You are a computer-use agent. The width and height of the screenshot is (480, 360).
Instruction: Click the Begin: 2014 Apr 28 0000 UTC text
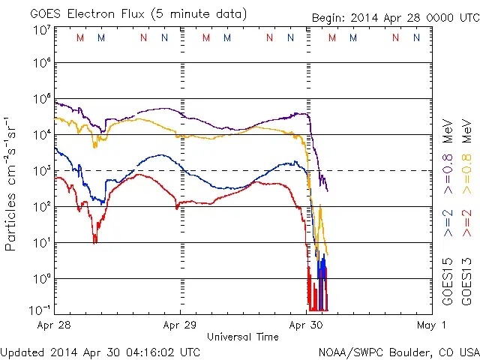(395, 18)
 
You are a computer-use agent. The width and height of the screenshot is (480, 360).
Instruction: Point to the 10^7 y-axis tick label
(41, 30)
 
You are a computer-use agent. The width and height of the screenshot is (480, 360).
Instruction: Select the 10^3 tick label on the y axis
(41, 171)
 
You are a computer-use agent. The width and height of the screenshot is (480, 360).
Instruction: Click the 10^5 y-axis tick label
(41, 99)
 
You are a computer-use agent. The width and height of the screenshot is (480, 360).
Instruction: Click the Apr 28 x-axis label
(54, 325)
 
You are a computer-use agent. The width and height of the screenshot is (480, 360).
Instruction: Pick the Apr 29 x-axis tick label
(180, 325)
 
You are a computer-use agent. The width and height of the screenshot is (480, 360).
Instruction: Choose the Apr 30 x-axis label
(307, 325)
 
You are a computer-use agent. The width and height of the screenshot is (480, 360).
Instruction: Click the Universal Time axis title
(243, 337)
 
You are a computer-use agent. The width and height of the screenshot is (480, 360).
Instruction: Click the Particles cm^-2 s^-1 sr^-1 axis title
(11, 184)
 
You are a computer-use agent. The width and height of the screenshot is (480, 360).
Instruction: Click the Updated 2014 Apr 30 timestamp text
(100, 351)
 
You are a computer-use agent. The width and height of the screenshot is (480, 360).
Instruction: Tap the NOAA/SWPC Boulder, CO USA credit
(397, 351)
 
